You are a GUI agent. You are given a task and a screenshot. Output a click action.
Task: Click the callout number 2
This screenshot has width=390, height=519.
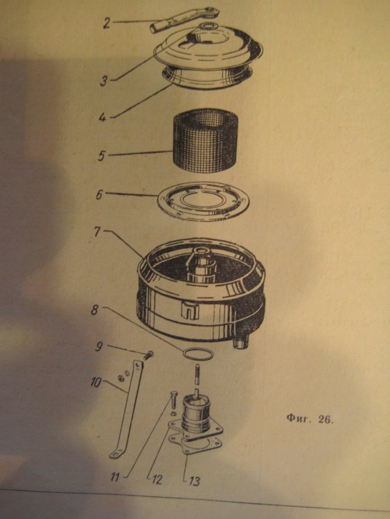107,23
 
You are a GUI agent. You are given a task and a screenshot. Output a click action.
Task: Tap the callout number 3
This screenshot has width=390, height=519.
104,80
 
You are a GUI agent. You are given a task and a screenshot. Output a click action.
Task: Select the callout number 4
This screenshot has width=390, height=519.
103,116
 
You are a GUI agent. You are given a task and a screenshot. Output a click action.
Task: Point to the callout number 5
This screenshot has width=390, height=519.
102,155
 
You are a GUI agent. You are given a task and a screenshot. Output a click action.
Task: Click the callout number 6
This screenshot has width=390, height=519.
99,194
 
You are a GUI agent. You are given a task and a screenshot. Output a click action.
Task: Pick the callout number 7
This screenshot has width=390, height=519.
97,232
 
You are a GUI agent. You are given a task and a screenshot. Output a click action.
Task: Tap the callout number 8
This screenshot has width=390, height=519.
95,311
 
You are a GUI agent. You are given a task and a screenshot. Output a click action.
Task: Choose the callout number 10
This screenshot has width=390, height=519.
97,383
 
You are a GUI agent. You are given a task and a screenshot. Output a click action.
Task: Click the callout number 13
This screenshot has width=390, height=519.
194,481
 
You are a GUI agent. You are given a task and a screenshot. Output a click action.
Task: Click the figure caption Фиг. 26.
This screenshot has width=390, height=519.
309,419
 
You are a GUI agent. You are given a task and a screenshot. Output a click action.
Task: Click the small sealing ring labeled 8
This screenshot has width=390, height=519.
198,353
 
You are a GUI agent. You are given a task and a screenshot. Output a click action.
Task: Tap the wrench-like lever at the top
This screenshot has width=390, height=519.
184,20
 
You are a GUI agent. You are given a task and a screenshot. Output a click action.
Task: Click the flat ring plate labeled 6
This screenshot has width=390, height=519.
203,201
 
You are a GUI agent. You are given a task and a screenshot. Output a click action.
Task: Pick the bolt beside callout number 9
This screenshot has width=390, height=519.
148,355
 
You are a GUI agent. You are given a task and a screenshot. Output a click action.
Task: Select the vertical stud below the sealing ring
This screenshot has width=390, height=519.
198,374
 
